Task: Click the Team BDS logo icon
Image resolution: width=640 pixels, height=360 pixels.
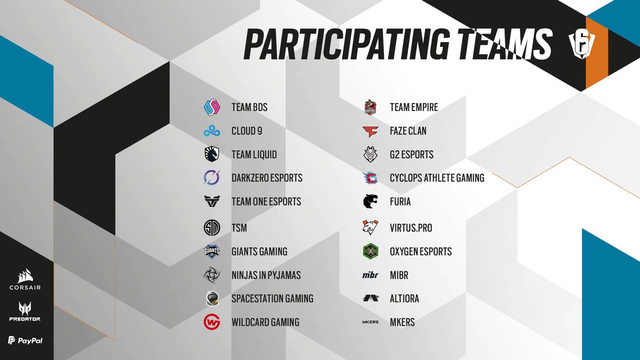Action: (x=212, y=107)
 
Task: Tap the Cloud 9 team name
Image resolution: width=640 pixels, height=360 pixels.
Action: (x=247, y=131)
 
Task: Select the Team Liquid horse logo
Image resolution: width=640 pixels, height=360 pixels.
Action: (x=212, y=154)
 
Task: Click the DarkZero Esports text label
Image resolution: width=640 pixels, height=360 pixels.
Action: (x=266, y=178)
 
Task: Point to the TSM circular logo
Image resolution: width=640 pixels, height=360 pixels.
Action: (x=212, y=228)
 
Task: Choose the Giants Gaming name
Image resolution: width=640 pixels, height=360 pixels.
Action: (x=259, y=251)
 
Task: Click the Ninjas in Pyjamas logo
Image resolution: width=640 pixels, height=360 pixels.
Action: (x=212, y=275)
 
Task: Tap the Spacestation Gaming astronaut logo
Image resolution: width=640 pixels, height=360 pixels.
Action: (x=212, y=299)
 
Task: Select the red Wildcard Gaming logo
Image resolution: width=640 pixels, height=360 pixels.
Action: (x=212, y=322)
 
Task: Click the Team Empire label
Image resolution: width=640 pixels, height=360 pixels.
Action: (x=414, y=107)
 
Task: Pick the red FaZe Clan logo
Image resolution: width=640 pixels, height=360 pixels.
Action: (x=370, y=131)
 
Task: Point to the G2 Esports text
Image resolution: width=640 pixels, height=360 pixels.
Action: (x=411, y=154)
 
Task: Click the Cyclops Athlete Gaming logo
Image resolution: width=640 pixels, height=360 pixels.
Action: (x=370, y=178)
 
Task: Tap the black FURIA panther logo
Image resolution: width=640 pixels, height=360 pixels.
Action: (x=370, y=201)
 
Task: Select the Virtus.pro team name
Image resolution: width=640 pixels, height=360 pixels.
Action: (x=411, y=228)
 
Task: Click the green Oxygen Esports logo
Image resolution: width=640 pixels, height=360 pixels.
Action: (x=370, y=251)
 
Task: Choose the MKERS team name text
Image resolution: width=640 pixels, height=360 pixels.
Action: (x=402, y=322)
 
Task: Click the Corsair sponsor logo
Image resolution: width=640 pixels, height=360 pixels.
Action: (x=25, y=280)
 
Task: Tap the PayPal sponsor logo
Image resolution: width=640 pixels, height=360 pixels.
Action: (x=25, y=340)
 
